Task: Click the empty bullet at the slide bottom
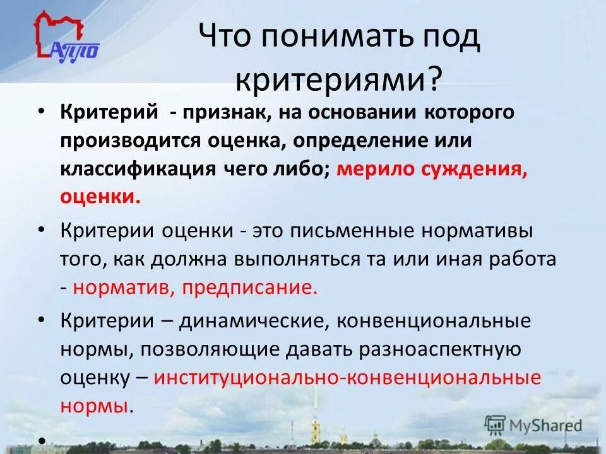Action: coord(41,439)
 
